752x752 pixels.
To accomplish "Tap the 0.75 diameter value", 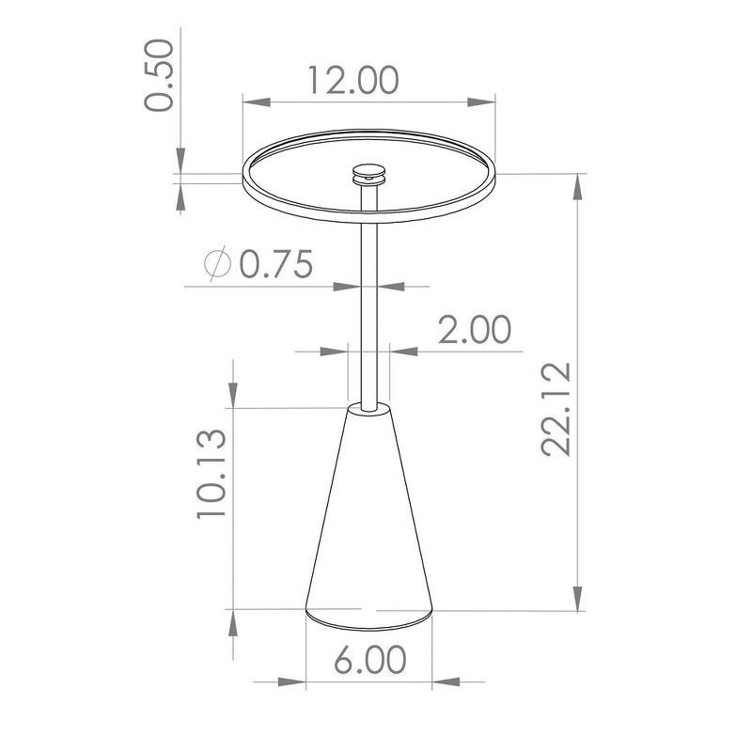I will [x=275, y=266].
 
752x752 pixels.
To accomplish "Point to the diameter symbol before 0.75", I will [x=217, y=266].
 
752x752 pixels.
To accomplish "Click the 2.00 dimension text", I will [x=475, y=331].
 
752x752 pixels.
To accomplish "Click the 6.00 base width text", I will [x=370, y=659].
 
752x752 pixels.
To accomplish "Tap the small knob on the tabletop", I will [x=368, y=173].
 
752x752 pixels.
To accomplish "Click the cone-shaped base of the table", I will [x=368, y=526].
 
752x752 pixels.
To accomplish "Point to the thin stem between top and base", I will [x=368, y=301].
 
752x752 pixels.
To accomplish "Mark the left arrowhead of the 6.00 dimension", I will [x=314, y=679].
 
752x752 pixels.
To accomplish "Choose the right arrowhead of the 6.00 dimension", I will [x=425, y=679].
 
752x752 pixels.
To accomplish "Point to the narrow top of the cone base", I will [x=368, y=408].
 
